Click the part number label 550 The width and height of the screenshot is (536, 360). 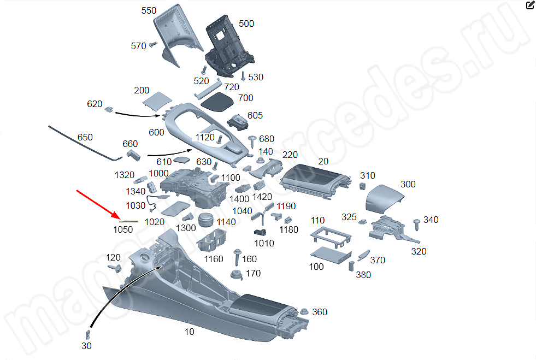tap(149, 10)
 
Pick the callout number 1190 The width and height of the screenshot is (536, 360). tap(286, 206)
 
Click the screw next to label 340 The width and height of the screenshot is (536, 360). tap(417, 223)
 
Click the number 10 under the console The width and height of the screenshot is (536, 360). tap(189, 332)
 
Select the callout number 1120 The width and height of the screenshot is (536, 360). tap(205, 137)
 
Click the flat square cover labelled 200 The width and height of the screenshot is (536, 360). tap(156, 101)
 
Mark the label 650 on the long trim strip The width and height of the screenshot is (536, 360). tap(85, 137)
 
